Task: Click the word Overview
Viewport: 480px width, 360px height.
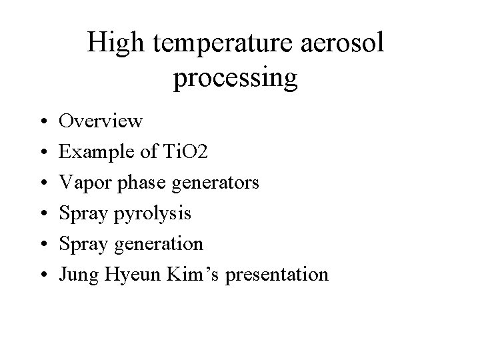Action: point(100,121)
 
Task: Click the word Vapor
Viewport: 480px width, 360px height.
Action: point(81,183)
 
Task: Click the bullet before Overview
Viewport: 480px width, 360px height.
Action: point(41,122)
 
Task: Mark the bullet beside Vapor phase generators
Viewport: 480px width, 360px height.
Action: point(41,183)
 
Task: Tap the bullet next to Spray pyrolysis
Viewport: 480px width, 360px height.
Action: point(41,214)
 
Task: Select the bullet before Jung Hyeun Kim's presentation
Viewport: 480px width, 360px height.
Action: point(41,275)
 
